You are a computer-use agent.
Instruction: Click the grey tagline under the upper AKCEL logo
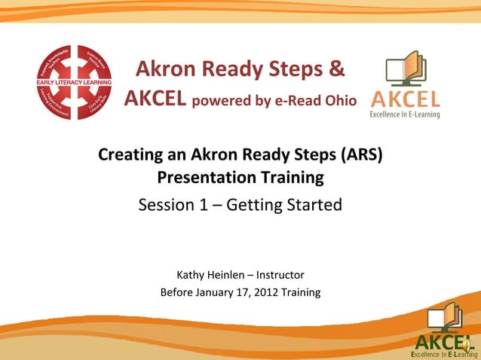[x=404, y=114]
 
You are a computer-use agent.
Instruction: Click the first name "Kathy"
[x=191, y=274]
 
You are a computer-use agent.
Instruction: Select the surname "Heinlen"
[x=228, y=274]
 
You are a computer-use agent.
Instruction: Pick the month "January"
[x=219, y=292]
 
